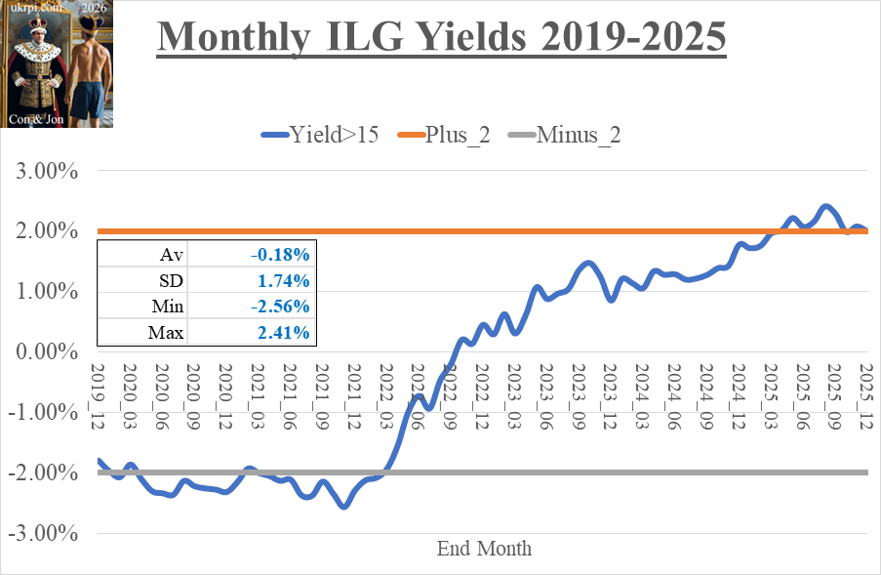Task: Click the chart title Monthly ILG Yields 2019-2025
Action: [x=441, y=39]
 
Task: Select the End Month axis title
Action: [x=484, y=549]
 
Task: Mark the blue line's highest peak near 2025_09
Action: [x=826, y=206]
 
